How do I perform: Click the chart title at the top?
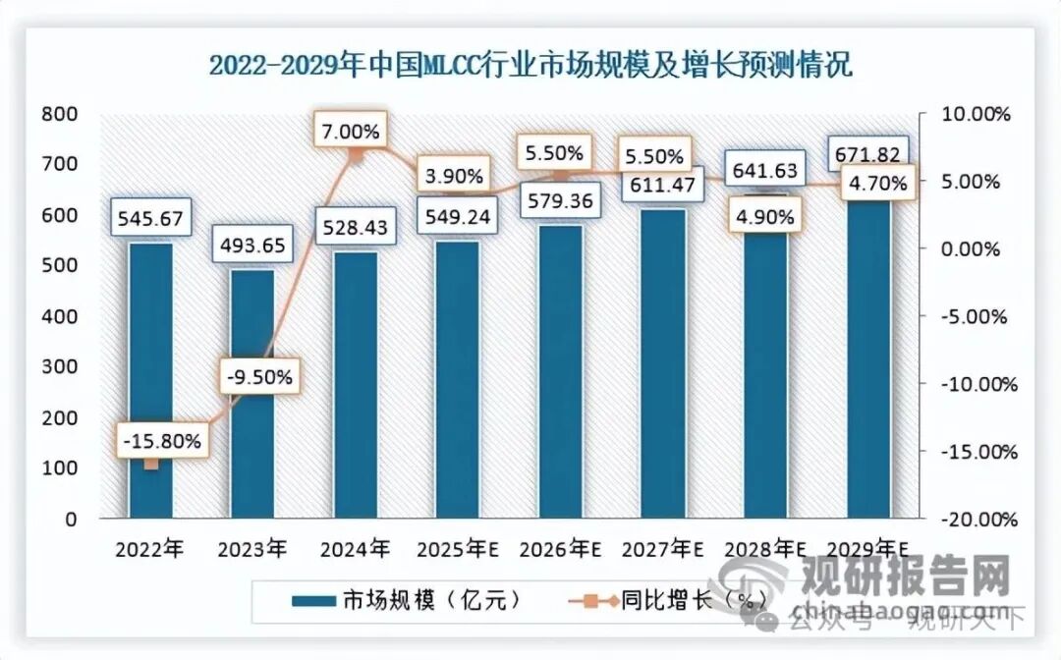tap(530, 65)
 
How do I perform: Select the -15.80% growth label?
tap(161, 442)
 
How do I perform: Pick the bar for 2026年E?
tap(560, 373)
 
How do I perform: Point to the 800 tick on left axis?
tap(61, 114)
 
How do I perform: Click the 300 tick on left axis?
tap(61, 367)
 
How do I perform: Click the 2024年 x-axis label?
tap(356, 548)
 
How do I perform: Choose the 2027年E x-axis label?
tap(663, 548)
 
